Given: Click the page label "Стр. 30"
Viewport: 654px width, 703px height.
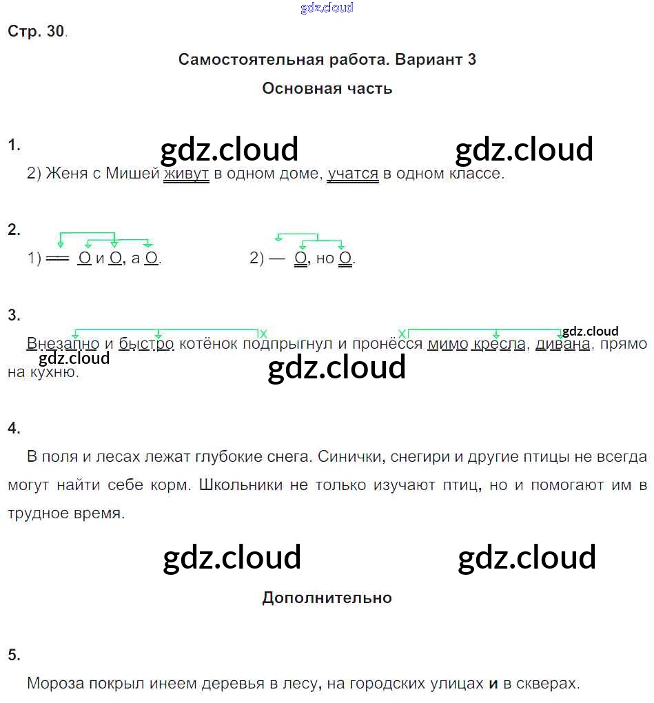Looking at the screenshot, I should (36, 31).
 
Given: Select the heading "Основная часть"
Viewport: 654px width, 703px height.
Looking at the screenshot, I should (327, 88).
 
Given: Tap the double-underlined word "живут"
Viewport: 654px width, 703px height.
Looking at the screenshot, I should (186, 174).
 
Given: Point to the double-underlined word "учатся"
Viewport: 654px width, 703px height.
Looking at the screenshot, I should (353, 174).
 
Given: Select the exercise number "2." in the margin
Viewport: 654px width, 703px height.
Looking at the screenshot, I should (14, 230).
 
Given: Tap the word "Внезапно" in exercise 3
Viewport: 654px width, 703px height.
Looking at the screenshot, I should (63, 343).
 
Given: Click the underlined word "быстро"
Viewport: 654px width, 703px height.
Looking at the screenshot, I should (146, 343).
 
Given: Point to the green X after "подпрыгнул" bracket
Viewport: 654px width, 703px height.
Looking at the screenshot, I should (263, 334).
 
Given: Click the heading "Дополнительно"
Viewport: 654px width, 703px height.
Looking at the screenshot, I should (327, 598).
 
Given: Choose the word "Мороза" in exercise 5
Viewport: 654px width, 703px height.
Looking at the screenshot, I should (55, 684).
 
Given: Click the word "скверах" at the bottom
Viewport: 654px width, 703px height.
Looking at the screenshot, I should (549, 684).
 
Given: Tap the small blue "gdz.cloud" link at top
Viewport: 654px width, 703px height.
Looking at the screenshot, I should (327, 8).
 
